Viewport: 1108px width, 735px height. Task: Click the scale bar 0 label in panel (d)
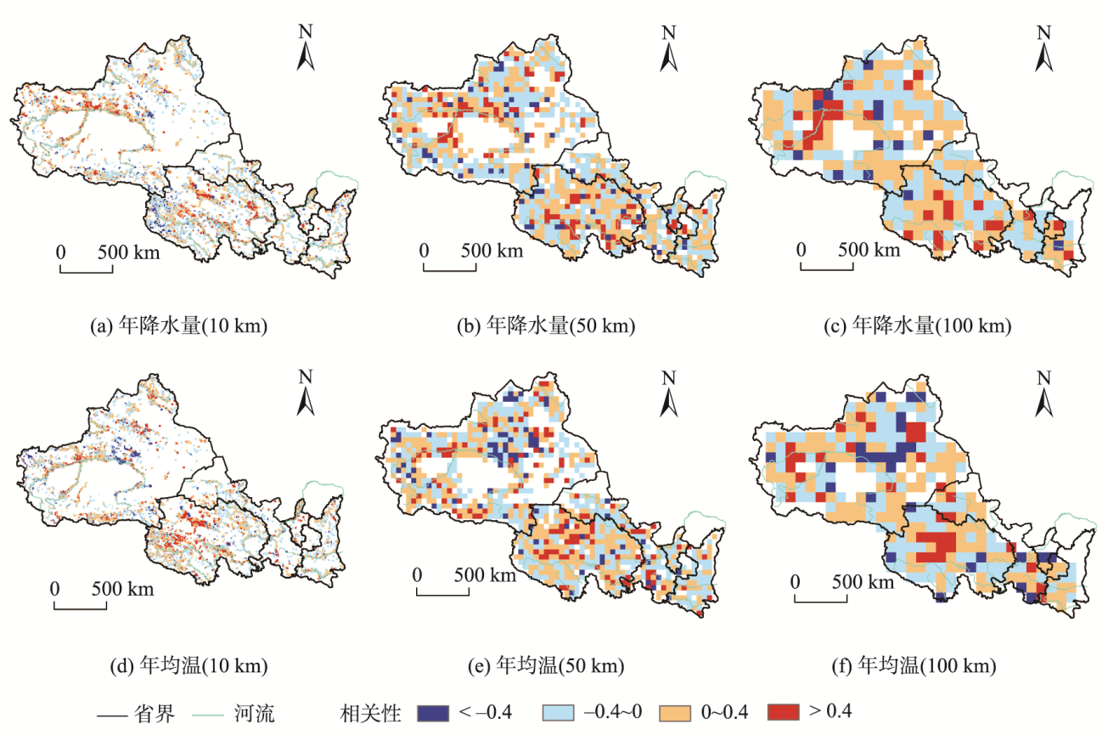coord(54,587)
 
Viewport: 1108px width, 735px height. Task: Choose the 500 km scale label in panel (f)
coord(862,582)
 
